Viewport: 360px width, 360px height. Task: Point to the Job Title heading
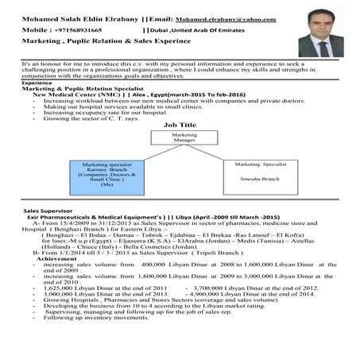[180, 125]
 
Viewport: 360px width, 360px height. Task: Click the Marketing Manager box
[180, 138]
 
